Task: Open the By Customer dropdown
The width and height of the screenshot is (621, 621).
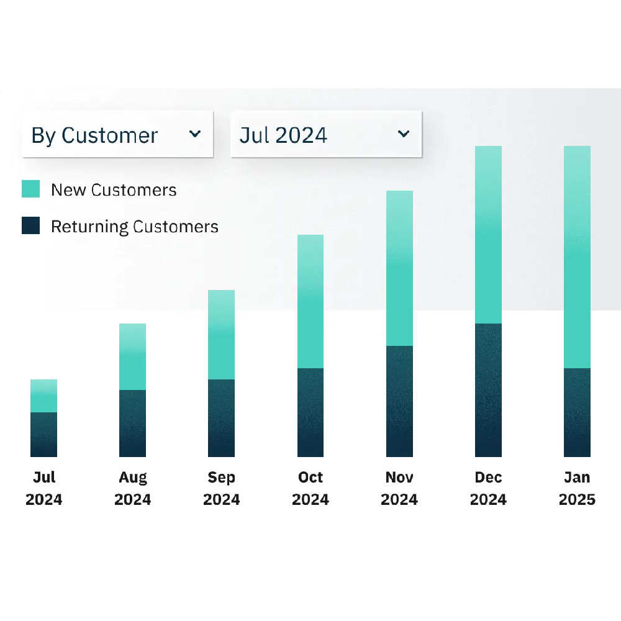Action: [117, 135]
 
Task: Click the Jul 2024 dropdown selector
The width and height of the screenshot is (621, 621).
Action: [326, 135]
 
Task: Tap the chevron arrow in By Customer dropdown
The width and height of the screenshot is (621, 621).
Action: [195, 134]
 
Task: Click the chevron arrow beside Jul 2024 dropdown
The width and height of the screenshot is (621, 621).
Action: [404, 134]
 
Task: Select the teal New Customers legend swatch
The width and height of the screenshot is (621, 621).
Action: [30, 189]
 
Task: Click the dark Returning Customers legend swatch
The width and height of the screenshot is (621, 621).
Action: [30, 226]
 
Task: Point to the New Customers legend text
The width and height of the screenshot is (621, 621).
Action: [114, 190]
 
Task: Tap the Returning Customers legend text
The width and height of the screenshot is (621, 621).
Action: [134, 227]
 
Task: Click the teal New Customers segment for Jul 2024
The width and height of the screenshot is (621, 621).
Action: [43, 396]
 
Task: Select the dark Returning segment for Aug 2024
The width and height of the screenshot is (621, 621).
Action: [132, 424]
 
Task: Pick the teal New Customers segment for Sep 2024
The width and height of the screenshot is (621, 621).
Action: [221, 335]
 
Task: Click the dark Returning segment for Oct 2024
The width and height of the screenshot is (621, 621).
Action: [310, 412]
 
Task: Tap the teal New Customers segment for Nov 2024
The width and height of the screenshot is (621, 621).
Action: [399, 268]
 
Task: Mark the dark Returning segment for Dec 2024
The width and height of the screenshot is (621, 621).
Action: [488, 390]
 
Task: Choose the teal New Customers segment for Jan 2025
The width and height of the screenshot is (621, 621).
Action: [577, 257]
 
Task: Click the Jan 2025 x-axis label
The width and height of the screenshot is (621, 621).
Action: [577, 488]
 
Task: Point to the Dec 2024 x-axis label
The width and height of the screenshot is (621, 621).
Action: [488, 488]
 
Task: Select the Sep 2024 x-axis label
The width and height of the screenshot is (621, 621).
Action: [221, 488]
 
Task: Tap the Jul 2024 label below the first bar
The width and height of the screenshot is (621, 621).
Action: [43, 488]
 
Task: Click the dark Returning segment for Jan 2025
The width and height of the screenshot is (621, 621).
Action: [577, 412]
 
